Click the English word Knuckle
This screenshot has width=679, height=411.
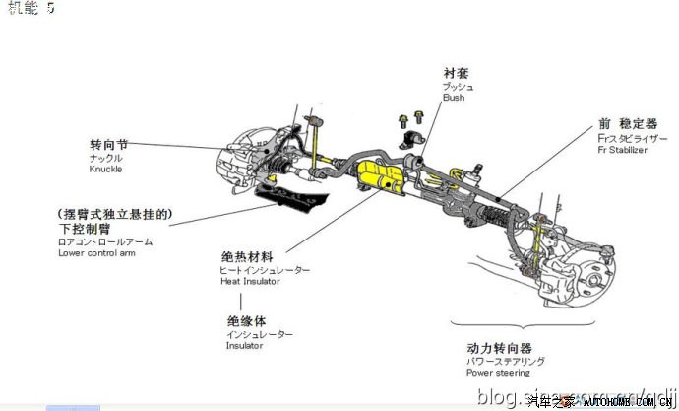click(104, 170)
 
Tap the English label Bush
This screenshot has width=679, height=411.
click(453, 98)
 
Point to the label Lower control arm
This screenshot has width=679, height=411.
click(95, 253)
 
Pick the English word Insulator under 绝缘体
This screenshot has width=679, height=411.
click(245, 346)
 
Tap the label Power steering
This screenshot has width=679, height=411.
click(498, 373)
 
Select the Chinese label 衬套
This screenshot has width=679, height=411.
click(455, 72)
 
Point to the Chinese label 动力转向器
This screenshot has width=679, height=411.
click(499, 348)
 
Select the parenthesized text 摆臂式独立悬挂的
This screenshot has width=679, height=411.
click(115, 214)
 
